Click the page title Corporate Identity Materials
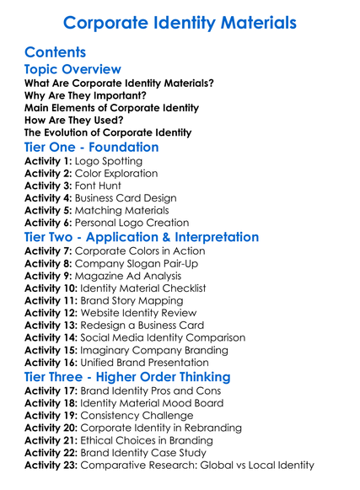180,23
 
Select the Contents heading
56,52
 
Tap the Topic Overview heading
73,69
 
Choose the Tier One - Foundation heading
91,148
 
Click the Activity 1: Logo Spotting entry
83,161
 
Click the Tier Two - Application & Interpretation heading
142,237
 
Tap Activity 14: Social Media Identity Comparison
135,337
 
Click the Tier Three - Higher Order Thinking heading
128,376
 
